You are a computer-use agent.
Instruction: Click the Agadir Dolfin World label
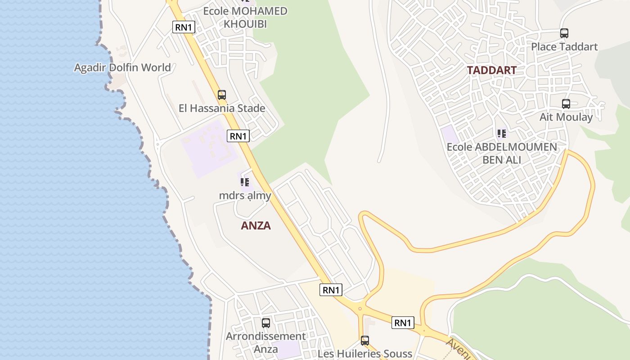coord(122,68)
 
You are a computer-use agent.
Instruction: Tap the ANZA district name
coord(256,226)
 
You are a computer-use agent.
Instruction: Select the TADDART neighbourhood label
coord(491,71)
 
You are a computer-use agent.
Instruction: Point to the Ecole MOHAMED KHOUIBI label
coord(245,17)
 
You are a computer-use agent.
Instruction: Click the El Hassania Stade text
coord(222,108)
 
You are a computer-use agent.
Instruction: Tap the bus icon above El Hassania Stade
coord(222,95)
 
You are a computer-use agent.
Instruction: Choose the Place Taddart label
coord(564,47)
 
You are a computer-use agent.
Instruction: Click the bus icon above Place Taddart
coord(564,33)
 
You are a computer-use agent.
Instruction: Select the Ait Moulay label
coord(566,117)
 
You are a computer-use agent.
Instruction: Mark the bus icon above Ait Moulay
coord(566,104)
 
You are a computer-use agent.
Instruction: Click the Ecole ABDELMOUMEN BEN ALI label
coord(502,153)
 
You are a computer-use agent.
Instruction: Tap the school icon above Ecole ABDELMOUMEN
coord(502,134)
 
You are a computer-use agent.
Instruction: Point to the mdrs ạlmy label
coord(245,196)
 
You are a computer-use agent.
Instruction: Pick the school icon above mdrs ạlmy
coord(245,182)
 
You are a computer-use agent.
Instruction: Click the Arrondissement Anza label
coord(266,342)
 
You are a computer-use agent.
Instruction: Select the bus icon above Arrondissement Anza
coord(266,323)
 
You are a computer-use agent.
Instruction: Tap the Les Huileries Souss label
coord(365,354)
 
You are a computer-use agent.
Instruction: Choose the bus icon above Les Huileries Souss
coord(365,341)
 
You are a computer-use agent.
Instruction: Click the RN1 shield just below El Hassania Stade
coord(238,136)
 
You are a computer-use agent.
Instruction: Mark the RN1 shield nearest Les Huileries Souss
coord(403,323)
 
